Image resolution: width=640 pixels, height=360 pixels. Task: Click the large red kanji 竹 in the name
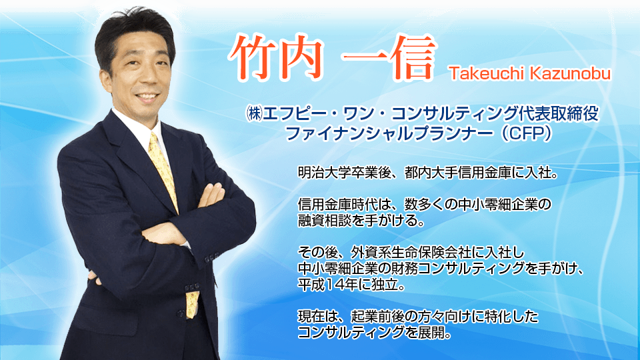[x=253, y=58]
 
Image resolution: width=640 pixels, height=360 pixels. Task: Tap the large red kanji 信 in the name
[x=408, y=58]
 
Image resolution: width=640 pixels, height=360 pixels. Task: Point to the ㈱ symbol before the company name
[x=254, y=114]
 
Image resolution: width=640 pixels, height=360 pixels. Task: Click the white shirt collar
[x=141, y=129]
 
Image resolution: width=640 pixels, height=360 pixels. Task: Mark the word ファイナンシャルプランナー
[x=389, y=133]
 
